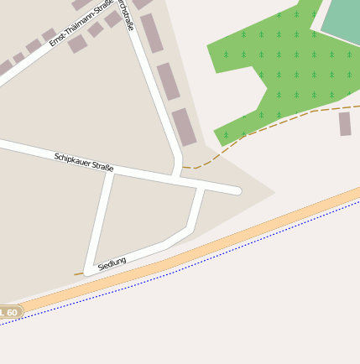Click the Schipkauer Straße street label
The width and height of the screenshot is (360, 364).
coord(84,162)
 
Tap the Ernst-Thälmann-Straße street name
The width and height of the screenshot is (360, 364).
coord(82,24)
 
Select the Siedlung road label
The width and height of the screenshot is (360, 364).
coord(112,263)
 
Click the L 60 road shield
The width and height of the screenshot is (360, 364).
coord(9,312)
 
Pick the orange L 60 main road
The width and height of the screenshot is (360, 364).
coord(210,251)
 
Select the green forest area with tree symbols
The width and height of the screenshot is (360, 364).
coord(269,67)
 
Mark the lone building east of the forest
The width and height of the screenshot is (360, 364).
coord(345,124)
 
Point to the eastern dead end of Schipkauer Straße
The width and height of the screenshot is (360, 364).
coord(237,191)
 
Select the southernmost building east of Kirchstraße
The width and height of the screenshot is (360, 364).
coord(184,127)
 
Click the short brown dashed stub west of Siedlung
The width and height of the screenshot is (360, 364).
coord(78,273)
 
